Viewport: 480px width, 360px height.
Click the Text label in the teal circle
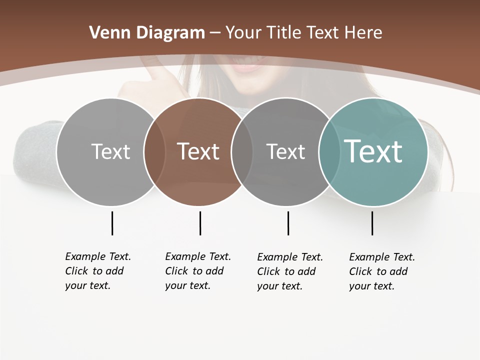[x=373, y=151]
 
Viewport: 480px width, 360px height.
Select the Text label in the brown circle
[x=198, y=151]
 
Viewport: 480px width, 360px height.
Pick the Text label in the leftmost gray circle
[x=110, y=151]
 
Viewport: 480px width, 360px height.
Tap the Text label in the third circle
[x=285, y=151]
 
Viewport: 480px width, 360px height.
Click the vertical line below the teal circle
[x=372, y=223]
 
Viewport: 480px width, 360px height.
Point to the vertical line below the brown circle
[x=200, y=223]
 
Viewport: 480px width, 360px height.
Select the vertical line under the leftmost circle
[x=112, y=223]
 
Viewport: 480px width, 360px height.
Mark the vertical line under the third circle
[x=288, y=223]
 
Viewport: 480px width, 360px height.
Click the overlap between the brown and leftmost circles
[x=154, y=151]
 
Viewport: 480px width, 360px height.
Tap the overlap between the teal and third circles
[x=329, y=151]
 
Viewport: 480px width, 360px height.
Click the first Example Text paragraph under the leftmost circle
[x=98, y=271]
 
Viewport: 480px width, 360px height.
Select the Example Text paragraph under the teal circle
[x=382, y=271]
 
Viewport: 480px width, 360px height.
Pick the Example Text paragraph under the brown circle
[x=198, y=271]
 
